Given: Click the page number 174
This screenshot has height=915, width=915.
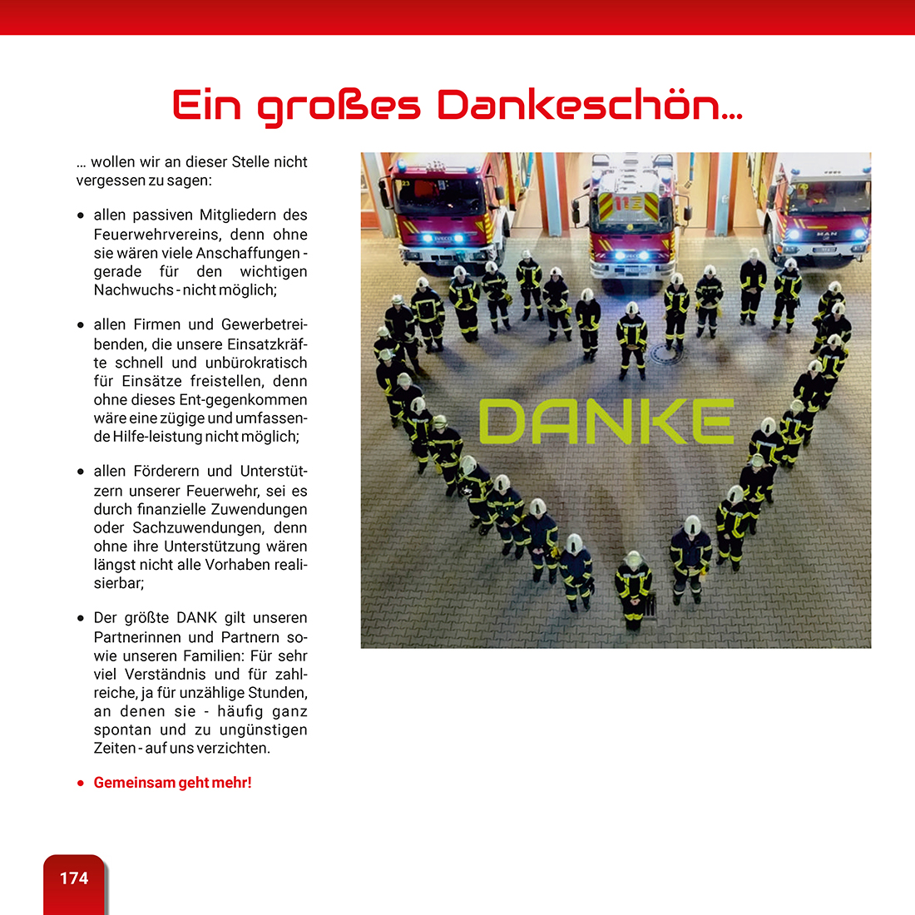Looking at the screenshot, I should [x=74, y=878].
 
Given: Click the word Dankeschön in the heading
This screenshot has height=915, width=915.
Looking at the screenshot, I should [x=590, y=106].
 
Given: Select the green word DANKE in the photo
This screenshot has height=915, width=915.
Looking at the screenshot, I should [x=606, y=421].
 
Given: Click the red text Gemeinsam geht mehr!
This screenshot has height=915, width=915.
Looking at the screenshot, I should [x=172, y=783].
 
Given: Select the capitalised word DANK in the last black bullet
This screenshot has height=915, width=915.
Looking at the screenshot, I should [x=196, y=618].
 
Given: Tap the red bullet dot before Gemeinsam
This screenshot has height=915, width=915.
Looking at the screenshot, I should [x=81, y=784].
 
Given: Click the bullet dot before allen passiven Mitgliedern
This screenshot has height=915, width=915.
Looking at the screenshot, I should [x=81, y=215].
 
